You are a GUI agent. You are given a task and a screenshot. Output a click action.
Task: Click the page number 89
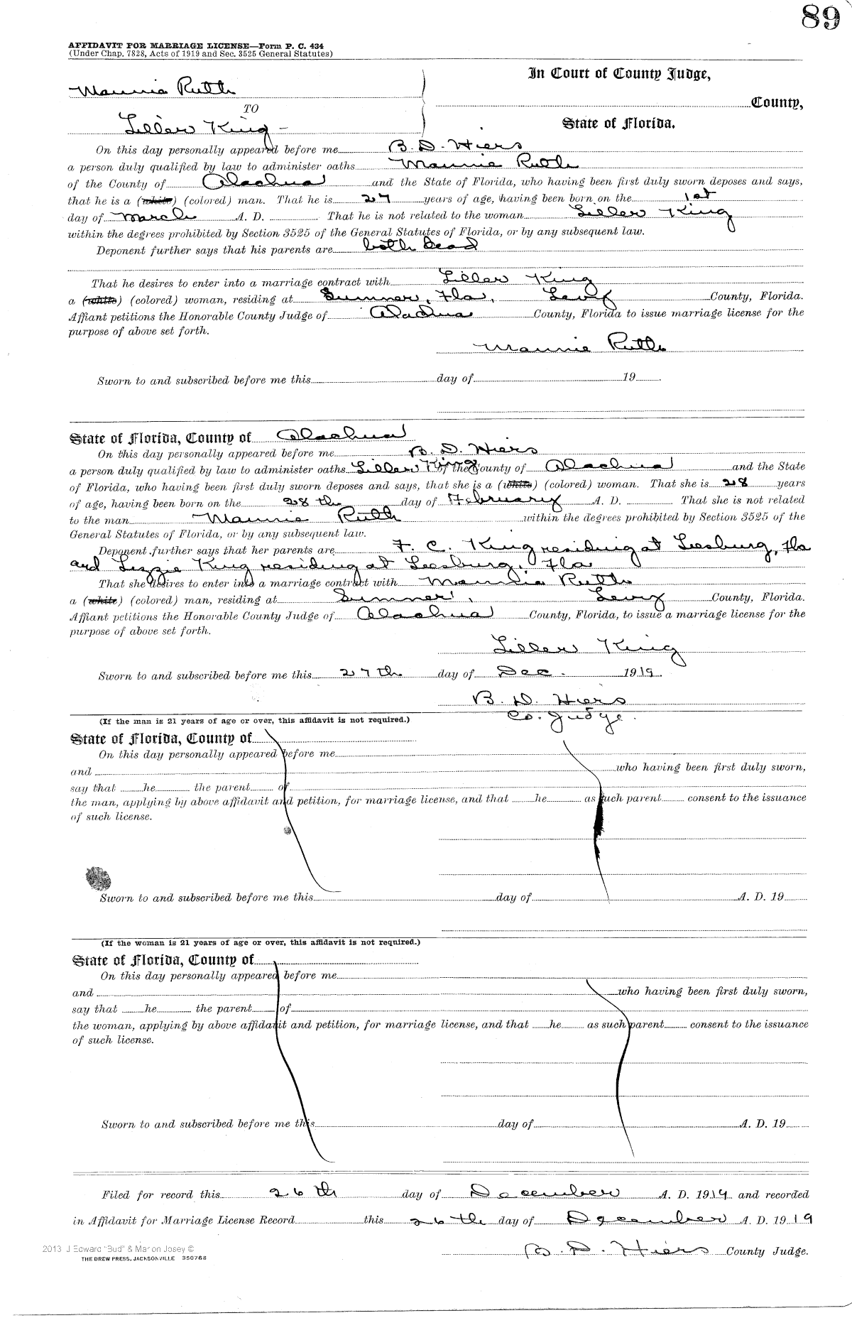click(820, 17)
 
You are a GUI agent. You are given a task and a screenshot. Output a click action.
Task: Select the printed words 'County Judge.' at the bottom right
click(768, 1252)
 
